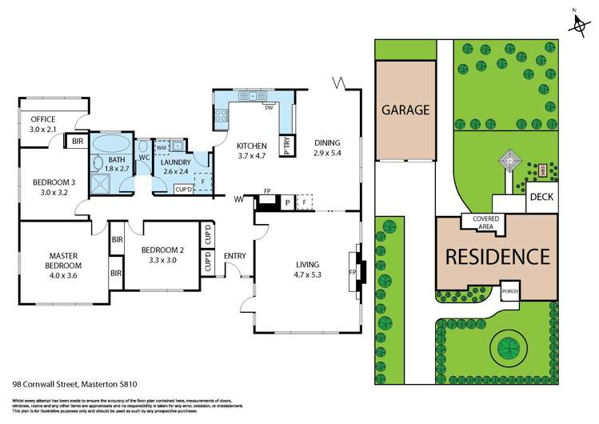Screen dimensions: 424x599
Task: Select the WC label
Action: pos(145,158)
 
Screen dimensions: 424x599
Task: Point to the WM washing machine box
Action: pos(161,147)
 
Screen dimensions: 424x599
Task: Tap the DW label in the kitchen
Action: pos(270,109)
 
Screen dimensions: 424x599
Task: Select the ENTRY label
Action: pos(236,256)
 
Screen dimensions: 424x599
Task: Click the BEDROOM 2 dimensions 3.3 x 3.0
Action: pos(163,260)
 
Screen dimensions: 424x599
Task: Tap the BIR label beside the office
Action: pos(78,142)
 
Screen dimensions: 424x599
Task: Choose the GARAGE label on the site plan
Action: pos(405,110)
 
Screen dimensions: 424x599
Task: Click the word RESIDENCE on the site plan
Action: pos(497,257)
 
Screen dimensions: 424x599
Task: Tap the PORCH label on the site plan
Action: pos(509,291)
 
